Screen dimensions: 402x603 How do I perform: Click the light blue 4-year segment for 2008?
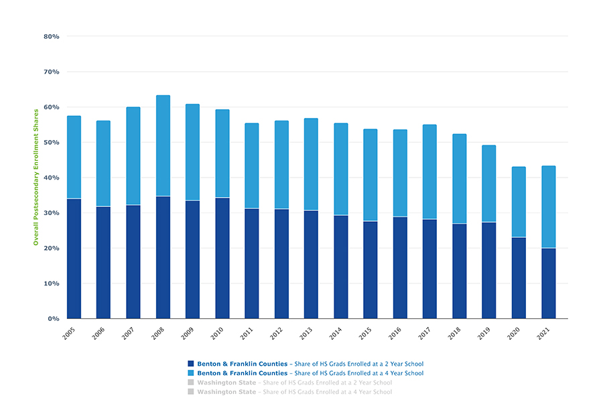163,146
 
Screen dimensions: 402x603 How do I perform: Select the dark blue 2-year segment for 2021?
549,283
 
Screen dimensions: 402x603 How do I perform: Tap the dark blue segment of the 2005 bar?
74,259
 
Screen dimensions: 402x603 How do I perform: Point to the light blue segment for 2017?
429,172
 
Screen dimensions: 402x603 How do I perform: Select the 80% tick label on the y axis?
52,36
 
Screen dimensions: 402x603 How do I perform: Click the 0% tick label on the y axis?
54,319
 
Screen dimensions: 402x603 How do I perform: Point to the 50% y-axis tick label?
52,143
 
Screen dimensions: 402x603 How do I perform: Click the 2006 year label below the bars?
99,333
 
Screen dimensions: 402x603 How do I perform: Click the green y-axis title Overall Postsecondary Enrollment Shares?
36,178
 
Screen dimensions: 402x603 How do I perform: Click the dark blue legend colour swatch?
191,364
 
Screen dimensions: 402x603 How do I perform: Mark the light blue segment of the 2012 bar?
281,165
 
